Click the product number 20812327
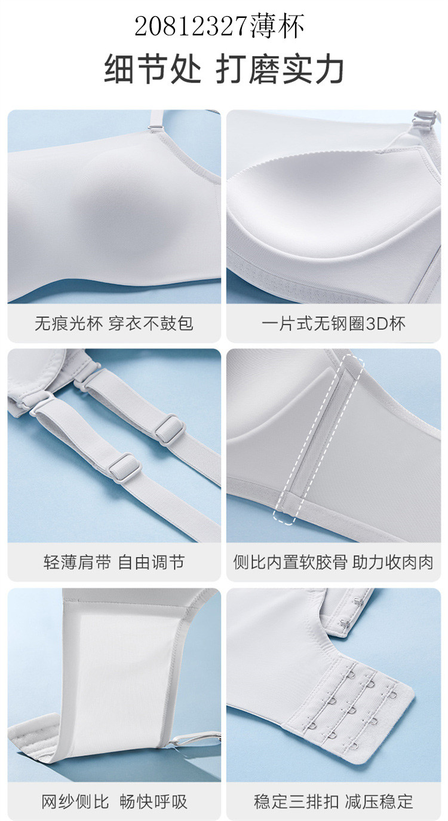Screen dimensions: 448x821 point(192,26)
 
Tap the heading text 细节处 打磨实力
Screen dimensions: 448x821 point(223,69)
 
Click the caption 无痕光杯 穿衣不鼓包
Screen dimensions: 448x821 point(114,323)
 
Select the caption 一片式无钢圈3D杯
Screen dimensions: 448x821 point(333,323)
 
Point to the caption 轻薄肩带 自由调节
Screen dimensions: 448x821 point(114,562)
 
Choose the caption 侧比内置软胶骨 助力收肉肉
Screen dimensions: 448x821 point(333,562)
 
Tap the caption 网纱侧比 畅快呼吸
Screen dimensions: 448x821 point(114,802)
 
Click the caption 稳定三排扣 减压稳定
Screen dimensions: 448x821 point(333,802)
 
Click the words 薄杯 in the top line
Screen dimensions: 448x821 point(277,26)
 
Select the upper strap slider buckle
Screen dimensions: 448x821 point(170,429)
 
